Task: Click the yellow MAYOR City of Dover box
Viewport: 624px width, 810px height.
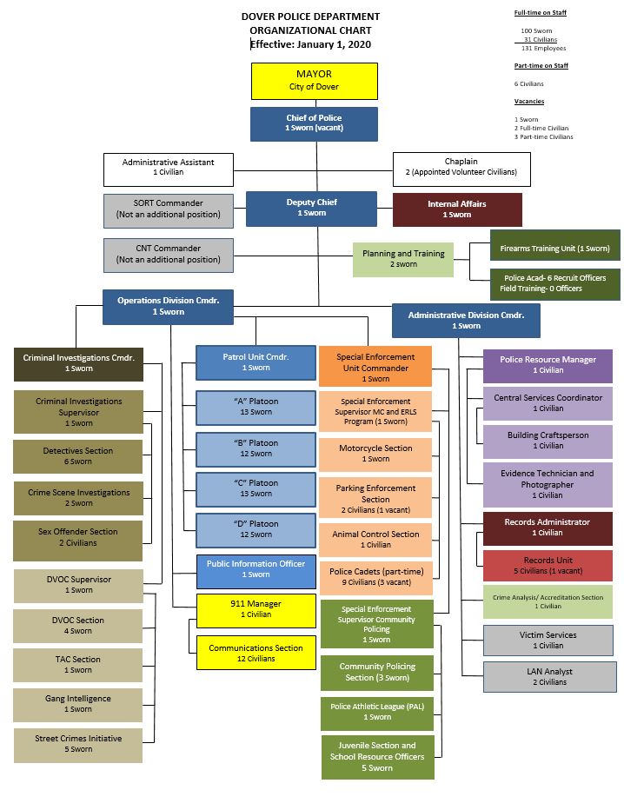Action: pos(314,81)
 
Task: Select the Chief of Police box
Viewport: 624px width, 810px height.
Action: pos(314,123)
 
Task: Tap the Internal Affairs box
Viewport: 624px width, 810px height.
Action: pos(457,209)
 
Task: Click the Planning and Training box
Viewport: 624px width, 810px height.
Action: pos(403,259)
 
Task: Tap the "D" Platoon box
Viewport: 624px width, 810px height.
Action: pos(256,529)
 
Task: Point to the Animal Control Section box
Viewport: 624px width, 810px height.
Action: pos(375,540)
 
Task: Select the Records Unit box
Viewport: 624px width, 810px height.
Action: pos(548,566)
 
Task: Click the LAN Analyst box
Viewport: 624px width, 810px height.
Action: pos(548,676)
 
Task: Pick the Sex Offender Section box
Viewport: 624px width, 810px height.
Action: pos(78,537)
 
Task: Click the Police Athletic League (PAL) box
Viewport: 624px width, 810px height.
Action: pos(377,712)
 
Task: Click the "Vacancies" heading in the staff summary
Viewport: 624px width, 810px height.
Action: pos(529,102)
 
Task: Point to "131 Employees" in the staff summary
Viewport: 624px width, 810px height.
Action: pos(538,48)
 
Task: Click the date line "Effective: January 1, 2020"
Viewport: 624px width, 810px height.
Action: pos(310,43)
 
